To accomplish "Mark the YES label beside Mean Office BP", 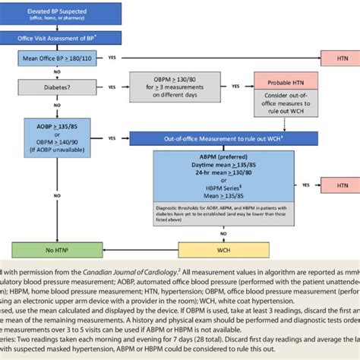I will click(112, 58).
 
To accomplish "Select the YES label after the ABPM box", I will click(305, 185).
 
